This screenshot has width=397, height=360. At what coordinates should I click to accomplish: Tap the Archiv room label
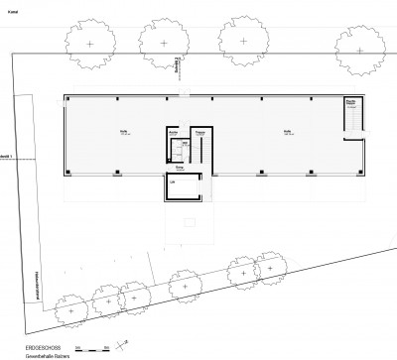pos(173,131)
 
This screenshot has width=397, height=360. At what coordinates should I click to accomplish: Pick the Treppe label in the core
pos(199,131)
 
